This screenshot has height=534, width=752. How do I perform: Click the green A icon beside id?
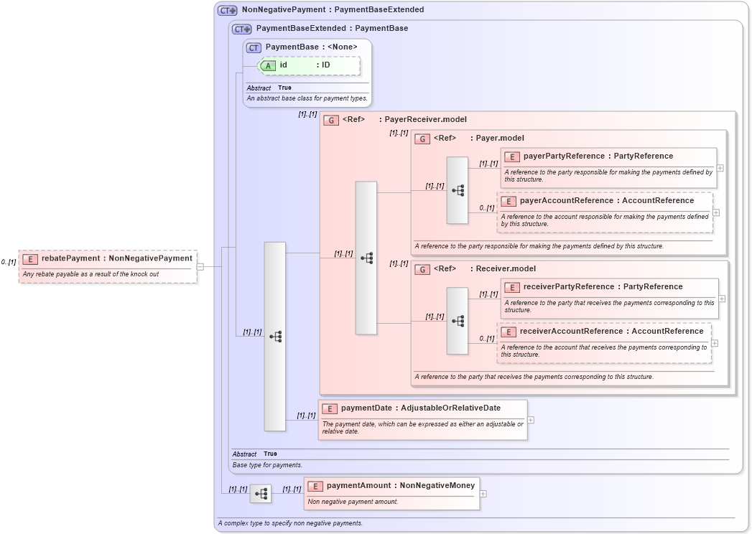click(x=268, y=65)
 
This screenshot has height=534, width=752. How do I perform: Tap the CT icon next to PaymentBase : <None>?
click(x=254, y=47)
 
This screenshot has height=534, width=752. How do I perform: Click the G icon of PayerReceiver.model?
click(x=330, y=120)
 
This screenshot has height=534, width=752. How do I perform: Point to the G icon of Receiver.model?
click(x=422, y=269)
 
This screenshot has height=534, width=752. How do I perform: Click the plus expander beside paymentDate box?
click(x=531, y=420)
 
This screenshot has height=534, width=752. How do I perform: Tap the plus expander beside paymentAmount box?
click(x=483, y=494)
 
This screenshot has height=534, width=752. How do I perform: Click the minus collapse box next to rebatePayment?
click(x=200, y=266)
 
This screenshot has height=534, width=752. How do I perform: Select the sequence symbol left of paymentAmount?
click(x=261, y=494)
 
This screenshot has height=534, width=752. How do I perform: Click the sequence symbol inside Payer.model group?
click(x=457, y=190)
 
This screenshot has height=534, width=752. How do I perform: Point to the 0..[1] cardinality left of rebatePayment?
click(x=9, y=262)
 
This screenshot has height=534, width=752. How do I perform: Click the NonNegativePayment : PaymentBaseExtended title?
click(x=333, y=10)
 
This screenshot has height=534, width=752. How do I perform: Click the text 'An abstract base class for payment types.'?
click(x=307, y=98)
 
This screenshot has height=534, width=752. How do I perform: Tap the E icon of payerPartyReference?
click(x=512, y=157)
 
